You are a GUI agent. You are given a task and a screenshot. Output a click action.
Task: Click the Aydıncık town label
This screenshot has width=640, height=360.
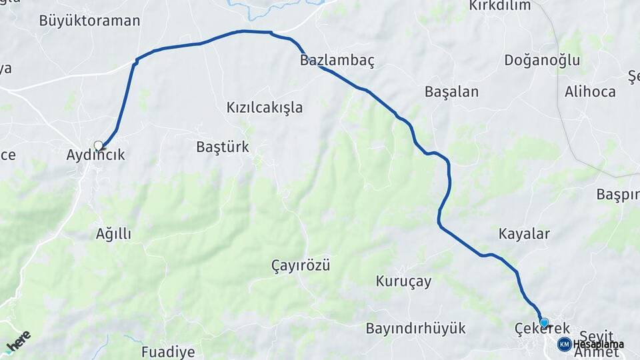tap(95, 155)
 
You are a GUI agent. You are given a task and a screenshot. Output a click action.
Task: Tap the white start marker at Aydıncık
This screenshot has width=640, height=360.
tap(99, 145)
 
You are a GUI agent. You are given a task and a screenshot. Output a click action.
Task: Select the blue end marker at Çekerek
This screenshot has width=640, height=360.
tap(544, 323)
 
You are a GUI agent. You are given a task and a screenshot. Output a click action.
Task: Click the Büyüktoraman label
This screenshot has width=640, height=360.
tap(89, 21)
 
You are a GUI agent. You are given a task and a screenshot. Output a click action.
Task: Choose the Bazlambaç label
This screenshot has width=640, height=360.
tap(337, 61)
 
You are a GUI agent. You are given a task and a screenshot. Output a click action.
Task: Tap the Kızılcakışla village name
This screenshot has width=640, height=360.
tap(265, 107)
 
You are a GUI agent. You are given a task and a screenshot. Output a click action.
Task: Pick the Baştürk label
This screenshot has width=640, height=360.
tap(223, 147)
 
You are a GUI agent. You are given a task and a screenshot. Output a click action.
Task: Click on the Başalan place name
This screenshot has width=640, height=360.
tap(452, 92)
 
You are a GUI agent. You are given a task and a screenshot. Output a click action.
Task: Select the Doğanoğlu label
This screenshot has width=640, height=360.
tap(542, 61)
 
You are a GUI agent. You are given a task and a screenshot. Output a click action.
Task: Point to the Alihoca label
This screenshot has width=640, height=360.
tap(590, 92)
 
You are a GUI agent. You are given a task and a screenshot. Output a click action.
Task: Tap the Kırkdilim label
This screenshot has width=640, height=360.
tap(500, 6)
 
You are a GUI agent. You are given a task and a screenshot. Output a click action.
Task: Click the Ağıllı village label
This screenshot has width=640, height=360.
tap(113, 234)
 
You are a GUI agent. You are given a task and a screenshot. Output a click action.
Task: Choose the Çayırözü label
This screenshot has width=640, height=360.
tap(301, 265)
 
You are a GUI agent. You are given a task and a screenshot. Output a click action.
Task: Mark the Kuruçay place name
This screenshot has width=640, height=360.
tap(403, 281)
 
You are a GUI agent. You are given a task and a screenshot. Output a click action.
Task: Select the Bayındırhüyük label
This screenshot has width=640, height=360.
tap(415, 329)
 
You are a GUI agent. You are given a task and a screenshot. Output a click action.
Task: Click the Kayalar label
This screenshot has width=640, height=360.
tap(524, 234)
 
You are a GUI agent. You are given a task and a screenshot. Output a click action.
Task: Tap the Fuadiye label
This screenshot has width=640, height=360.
tap(168, 352)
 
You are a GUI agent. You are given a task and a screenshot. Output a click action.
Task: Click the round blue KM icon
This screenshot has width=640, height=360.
tap(564, 344)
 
